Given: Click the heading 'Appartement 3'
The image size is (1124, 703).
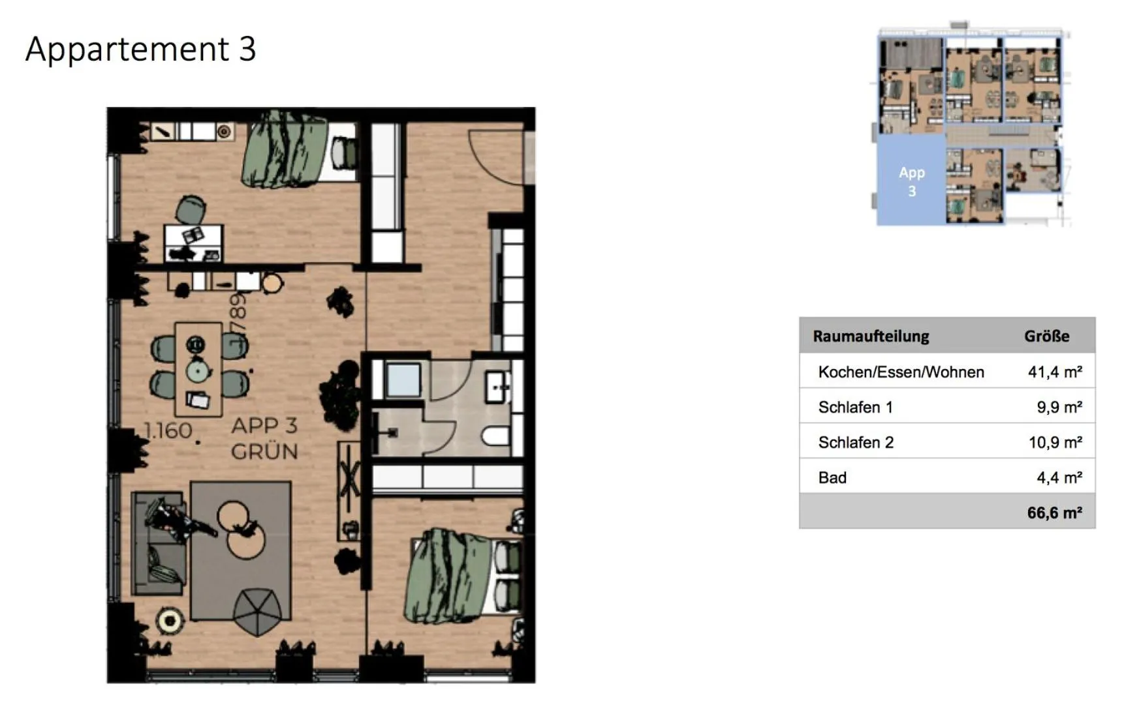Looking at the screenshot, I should pyautogui.click(x=140, y=49).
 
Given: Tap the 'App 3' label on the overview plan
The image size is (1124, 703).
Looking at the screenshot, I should pyautogui.click(x=911, y=181).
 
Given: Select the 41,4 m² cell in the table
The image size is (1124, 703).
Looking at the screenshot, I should pyautogui.click(x=1054, y=372).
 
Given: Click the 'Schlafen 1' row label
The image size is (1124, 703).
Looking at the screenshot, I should pyautogui.click(x=855, y=407).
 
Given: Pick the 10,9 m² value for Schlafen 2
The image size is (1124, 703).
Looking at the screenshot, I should pyautogui.click(x=1055, y=442).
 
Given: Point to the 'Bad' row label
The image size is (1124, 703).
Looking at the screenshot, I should pyautogui.click(x=832, y=477).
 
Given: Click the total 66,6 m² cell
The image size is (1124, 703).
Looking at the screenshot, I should pyautogui.click(x=1054, y=513).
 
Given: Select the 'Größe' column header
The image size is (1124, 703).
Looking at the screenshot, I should pyautogui.click(x=1046, y=336).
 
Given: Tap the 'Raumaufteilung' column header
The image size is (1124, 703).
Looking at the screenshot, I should pyautogui.click(x=871, y=336).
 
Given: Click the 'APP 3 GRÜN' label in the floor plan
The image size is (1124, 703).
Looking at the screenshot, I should pyautogui.click(x=264, y=438).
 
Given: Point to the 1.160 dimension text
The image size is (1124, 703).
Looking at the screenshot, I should pyautogui.click(x=168, y=430).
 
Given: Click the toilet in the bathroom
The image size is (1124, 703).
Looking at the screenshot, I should pyautogui.click(x=497, y=436).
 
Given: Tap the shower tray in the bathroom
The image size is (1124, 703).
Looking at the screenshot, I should pyautogui.click(x=402, y=380).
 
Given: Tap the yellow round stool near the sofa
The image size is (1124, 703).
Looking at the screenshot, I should pyautogui.click(x=170, y=621).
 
